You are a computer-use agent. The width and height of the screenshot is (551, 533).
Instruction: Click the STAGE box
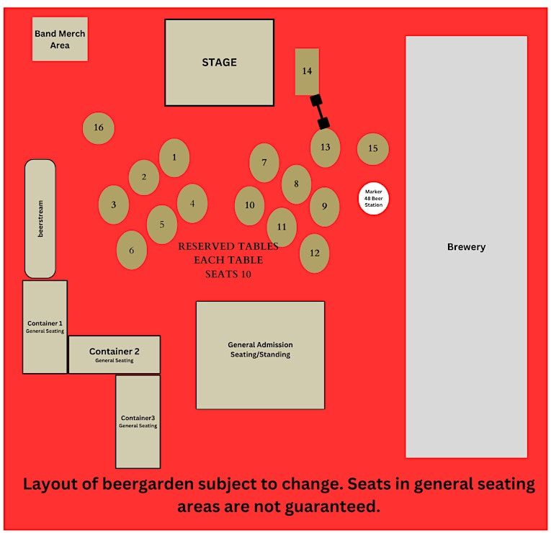(219, 63)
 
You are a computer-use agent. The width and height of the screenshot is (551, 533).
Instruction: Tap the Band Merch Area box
(60, 39)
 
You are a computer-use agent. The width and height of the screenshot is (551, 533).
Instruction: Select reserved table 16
(99, 128)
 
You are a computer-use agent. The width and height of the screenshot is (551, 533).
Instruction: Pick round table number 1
(174, 158)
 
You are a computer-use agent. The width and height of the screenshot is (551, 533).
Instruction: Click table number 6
(132, 251)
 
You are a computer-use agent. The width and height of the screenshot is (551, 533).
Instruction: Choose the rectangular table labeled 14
(307, 71)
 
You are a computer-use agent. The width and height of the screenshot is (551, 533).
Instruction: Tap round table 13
(325, 148)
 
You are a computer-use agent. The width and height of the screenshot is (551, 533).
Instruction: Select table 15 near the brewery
(373, 148)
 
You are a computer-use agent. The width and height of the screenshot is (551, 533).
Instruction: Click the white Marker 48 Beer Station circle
(373, 198)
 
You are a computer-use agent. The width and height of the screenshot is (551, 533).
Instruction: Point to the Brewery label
(466, 247)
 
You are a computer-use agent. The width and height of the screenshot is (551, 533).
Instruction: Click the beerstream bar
(40, 218)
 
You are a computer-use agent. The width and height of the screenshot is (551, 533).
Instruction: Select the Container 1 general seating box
(45, 327)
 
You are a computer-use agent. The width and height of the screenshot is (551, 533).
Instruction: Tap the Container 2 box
(115, 354)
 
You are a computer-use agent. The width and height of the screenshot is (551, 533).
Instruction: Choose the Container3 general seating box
(138, 421)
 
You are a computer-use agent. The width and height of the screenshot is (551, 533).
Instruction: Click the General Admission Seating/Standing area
(260, 355)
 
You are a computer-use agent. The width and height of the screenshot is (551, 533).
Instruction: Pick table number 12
(315, 253)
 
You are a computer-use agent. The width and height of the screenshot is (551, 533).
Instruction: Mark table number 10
(249, 205)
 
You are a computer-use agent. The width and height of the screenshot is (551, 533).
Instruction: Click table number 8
(296, 184)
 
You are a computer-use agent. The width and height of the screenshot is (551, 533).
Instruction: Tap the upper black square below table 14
(315, 101)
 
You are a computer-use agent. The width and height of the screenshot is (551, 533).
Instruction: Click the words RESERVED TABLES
(228, 246)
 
